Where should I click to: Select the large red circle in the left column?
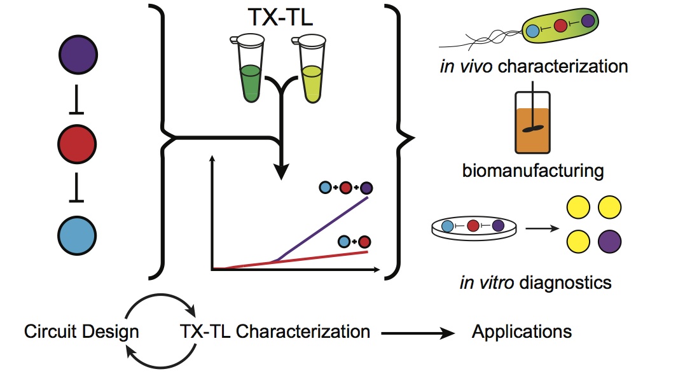tap(78, 144)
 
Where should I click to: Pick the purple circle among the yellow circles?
tap(609, 242)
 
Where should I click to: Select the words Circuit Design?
tap(81, 331)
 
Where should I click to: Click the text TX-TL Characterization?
tap(275, 331)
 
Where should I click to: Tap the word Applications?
tap(522, 331)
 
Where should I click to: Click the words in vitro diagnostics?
tap(535, 282)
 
